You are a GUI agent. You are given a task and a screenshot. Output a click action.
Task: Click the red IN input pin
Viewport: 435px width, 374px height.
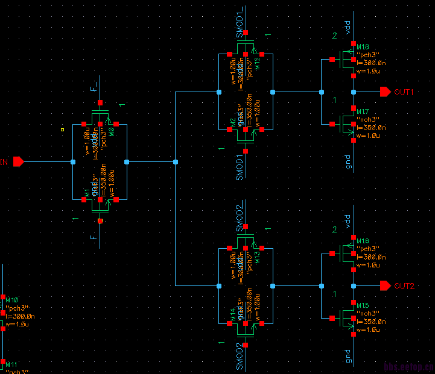tap(18, 161)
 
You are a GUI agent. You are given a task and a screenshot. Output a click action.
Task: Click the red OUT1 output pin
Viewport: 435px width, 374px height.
tap(385, 92)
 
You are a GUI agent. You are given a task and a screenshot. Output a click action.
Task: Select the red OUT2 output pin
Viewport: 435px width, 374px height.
tap(385, 285)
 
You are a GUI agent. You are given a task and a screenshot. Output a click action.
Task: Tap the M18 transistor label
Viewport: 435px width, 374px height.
tap(363, 47)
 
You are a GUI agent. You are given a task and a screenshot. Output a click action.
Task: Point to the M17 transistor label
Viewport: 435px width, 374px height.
tap(363, 112)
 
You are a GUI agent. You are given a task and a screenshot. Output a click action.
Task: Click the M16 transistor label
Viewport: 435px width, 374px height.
tap(363, 241)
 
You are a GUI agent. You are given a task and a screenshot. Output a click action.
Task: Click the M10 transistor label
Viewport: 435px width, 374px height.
tap(12, 299)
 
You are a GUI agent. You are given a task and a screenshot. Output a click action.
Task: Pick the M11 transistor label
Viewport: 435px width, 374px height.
tap(12, 364)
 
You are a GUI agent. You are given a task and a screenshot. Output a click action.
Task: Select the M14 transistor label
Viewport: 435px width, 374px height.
tap(232, 312)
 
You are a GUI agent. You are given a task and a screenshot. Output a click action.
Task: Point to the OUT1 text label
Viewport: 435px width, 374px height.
tap(404, 92)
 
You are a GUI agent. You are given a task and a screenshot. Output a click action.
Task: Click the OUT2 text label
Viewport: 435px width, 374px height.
tap(404, 285)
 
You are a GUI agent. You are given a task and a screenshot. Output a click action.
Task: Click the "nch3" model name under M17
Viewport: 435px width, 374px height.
tap(367, 120)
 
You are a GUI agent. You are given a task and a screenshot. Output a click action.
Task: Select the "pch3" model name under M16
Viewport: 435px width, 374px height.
tap(367, 249)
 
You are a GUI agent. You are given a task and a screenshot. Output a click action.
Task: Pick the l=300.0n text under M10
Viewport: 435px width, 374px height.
tap(20, 316)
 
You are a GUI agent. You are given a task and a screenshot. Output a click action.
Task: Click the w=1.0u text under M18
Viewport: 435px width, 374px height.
tap(369, 70)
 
